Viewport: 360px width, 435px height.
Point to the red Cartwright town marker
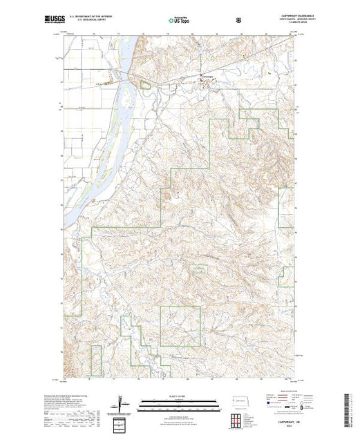pyautogui.click(x=202, y=75)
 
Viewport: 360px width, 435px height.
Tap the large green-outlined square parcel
pyautogui.click(x=180, y=326)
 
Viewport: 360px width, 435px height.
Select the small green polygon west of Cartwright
pyautogui.click(x=146, y=85)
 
